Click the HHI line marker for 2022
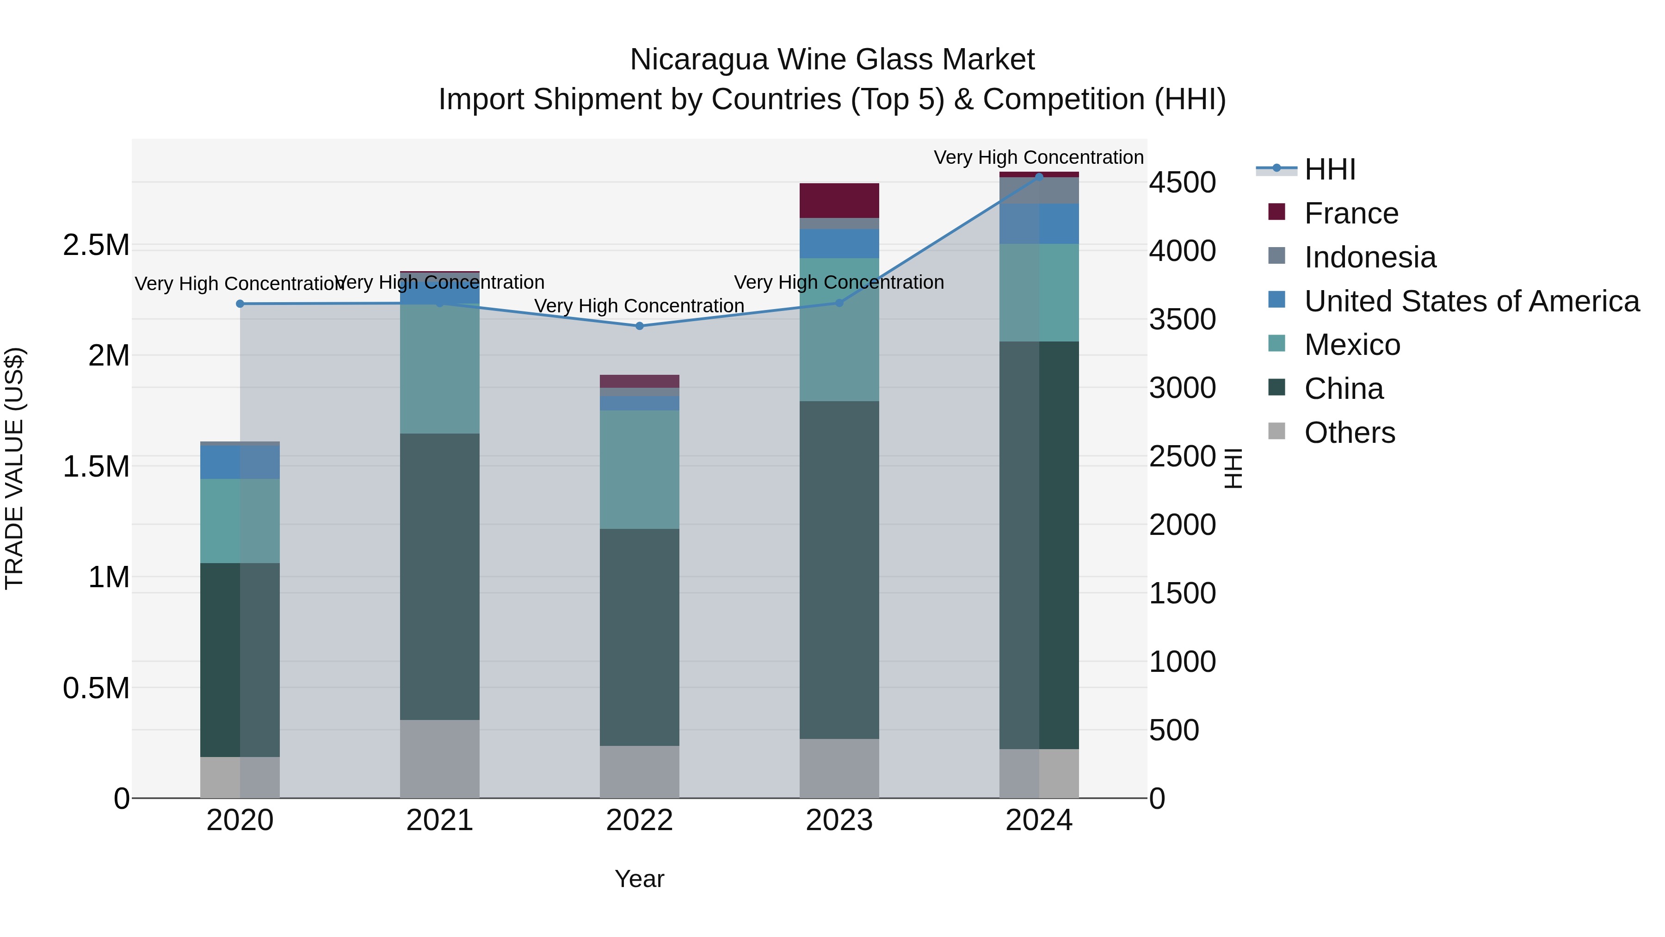[639, 326]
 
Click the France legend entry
[1351, 213]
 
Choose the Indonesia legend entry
[1369, 257]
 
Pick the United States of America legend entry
[1471, 301]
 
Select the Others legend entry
[1350, 433]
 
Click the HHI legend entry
[1330, 169]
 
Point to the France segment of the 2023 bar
[839, 200]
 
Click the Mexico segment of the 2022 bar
[639, 470]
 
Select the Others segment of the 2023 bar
[839, 768]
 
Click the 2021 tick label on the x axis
[439, 820]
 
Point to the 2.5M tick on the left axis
[96, 245]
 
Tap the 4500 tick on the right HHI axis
[1182, 182]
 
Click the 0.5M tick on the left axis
[96, 688]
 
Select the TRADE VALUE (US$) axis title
[14, 468]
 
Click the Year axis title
[639, 879]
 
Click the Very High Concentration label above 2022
[639, 305]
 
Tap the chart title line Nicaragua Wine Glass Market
[832, 60]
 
